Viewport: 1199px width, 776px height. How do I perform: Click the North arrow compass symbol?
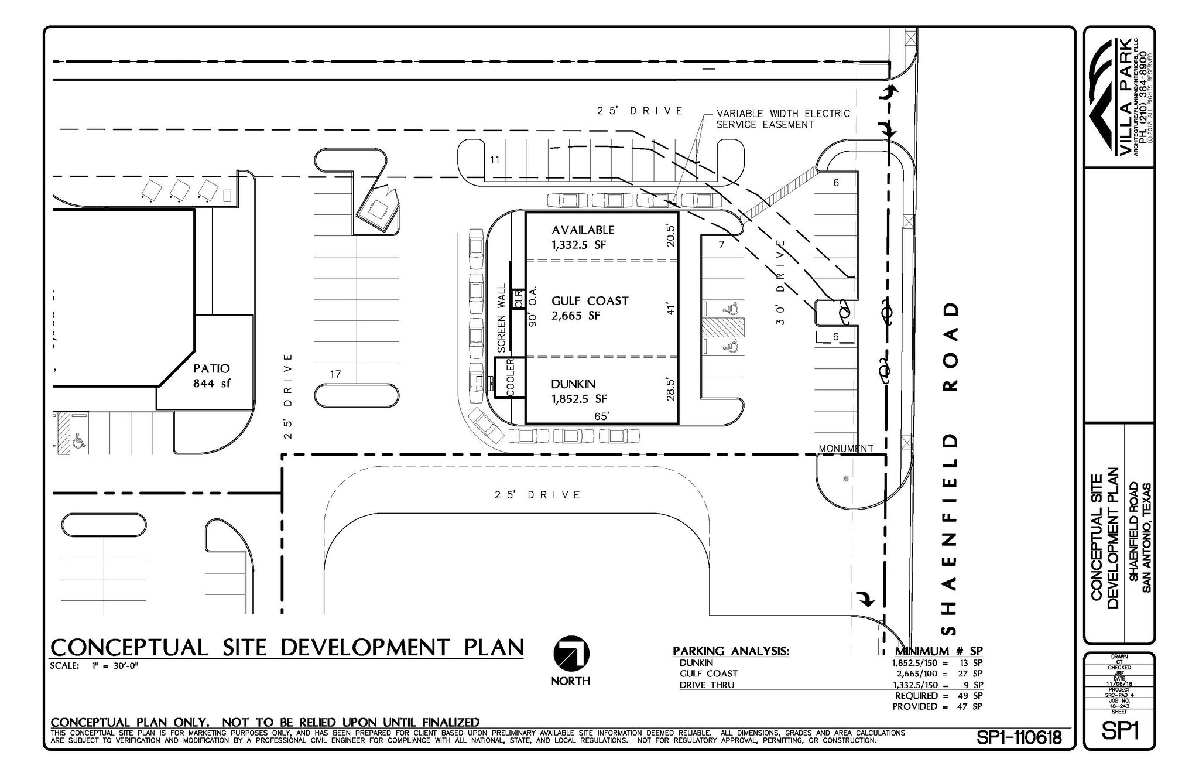571,654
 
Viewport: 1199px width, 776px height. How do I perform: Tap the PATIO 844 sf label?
211,376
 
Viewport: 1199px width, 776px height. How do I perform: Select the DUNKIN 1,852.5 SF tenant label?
578,391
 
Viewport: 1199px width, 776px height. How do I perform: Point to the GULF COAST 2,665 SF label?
589,308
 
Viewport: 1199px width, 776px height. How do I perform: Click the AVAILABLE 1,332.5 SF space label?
582,237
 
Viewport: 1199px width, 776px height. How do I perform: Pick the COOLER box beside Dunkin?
510,378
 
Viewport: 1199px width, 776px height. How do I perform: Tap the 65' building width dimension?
601,416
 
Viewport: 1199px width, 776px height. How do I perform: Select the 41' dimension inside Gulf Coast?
671,308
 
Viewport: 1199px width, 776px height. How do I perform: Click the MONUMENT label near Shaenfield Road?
845,449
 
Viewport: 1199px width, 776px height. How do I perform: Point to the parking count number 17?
335,374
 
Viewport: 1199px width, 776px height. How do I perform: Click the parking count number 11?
495,159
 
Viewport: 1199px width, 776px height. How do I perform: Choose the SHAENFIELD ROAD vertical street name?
951,469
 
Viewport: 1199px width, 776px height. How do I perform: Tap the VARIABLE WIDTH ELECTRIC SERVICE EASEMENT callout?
783,119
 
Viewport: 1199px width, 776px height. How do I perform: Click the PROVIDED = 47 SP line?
937,706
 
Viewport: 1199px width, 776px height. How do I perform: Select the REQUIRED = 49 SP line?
938,695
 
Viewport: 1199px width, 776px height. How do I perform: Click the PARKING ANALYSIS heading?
731,651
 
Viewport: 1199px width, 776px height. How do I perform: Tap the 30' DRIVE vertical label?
780,282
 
